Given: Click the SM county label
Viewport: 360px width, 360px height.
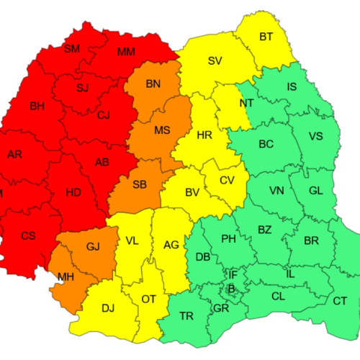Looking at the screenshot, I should pos(72,49).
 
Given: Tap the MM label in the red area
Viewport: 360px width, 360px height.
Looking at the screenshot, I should pos(126,52).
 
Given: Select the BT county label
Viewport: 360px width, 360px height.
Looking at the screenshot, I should pos(266,36).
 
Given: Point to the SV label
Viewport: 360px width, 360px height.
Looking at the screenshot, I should pos(215,60).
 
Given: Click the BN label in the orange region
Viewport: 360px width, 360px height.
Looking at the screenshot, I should pos(153,84).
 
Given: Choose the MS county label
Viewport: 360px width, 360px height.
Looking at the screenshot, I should pos(162,130).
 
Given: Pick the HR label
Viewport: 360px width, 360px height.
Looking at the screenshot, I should pos(205,135).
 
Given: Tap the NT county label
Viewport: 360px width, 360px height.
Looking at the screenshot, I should pos(247,102).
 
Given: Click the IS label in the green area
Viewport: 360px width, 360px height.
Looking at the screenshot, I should pos(292,87).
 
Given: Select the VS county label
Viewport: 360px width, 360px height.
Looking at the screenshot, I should pos(315,137).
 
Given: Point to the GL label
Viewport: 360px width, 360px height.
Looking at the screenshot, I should pos(315,191).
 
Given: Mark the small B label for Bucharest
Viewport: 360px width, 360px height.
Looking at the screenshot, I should pos(231,289).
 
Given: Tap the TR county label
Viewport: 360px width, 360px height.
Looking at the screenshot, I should pos(186,316).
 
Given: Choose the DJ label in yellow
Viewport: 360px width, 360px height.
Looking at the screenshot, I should pos(108,308).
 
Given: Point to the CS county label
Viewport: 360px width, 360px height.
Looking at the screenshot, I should pos(28,235).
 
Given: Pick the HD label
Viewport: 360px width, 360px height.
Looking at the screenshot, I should pos(73,192).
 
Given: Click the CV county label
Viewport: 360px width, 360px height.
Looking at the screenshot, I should pos(227,180).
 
